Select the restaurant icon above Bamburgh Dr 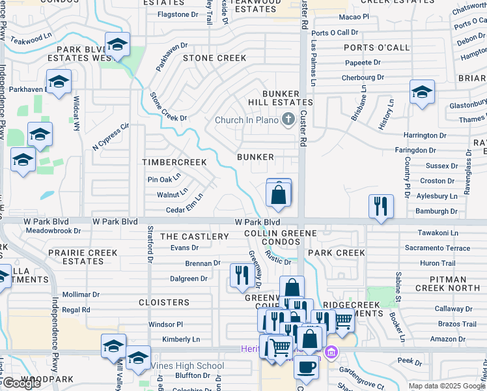pyautogui.click(x=381, y=206)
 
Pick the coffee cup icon pyautogui.click(x=305, y=366)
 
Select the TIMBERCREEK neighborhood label pyautogui.click(x=174, y=162)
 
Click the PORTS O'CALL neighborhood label pyautogui.click(x=377, y=48)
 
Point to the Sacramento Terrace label pyautogui.click(x=437, y=248)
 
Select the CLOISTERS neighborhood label pyautogui.click(x=163, y=302)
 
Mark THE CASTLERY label pyautogui.click(x=195, y=236)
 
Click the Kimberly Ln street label pyautogui.click(x=181, y=340)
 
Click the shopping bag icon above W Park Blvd pyautogui.click(x=279, y=194)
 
